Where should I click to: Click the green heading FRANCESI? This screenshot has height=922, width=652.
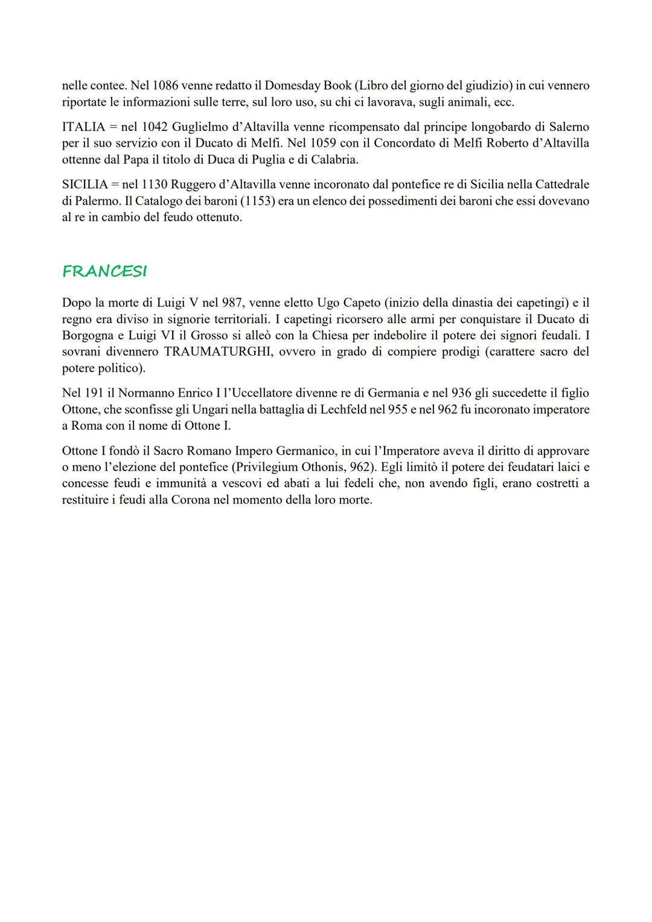(104, 272)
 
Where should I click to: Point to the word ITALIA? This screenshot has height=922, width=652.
(83, 127)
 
